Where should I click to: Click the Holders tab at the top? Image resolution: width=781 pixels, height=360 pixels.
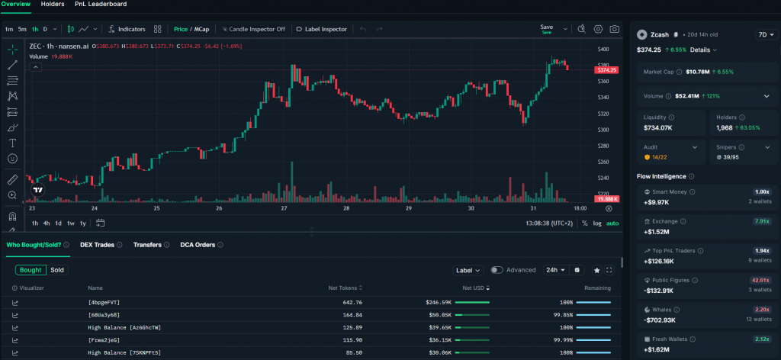coord(53,5)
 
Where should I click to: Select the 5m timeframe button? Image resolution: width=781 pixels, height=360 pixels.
coord(22,29)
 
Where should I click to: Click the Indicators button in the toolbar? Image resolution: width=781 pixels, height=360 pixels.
coord(127,29)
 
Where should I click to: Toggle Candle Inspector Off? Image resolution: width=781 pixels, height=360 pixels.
coord(254,29)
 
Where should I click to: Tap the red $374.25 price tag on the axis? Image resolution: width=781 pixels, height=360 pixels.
coord(608,70)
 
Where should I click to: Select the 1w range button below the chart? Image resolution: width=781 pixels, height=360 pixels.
coord(70,223)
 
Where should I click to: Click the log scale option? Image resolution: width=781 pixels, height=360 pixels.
coord(596,223)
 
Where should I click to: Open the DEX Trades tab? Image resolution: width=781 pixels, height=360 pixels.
coord(97,245)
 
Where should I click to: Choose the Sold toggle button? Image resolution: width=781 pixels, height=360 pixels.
coord(57,270)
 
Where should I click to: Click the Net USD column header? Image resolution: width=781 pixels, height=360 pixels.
coord(474,288)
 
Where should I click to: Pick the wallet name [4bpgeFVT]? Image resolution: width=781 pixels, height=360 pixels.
coord(104,303)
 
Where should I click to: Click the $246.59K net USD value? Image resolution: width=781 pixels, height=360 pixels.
coord(439,303)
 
